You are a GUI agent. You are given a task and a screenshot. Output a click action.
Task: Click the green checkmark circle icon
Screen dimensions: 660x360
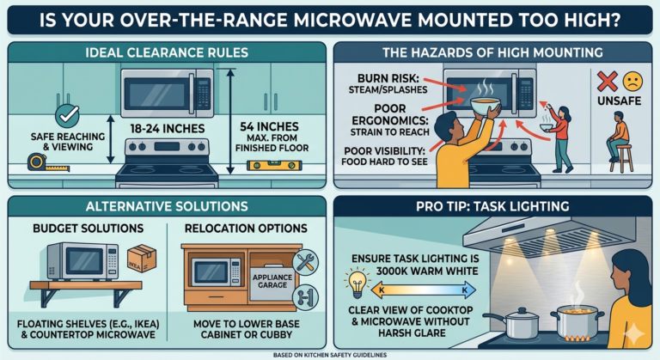click(x=67, y=115)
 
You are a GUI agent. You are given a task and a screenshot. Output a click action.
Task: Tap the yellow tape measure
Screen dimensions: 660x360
click(x=48, y=163)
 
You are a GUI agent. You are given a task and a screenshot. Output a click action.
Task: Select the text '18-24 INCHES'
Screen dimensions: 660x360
click(x=168, y=129)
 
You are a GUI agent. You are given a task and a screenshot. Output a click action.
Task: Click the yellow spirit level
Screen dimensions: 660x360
click(x=274, y=165)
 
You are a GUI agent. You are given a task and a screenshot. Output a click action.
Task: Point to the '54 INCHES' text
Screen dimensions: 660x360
click(x=269, y=126)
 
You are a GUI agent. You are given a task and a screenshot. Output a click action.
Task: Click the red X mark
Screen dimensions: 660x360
click(x=607, y=82)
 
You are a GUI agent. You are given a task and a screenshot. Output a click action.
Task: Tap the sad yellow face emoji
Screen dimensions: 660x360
click(x=632, y=82)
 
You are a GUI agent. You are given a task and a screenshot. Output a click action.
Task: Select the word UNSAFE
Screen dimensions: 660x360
click(x=619, y=101)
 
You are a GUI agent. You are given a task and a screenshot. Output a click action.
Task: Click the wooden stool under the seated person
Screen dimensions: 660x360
click(x=621, y=158)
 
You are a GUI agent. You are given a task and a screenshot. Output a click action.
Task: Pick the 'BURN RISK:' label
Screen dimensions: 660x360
click(x=389, y=79)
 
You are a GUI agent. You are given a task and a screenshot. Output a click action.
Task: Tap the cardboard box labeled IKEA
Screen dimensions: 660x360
click(x=142, y=258)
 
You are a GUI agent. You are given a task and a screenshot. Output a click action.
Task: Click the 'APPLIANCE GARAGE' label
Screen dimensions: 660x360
click(x=272, y=281)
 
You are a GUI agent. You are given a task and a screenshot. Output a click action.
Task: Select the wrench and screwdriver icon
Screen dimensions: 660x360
click(x=305, y=262)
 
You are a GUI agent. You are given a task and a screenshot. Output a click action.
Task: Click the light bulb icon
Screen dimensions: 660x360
click(x=357, y=283)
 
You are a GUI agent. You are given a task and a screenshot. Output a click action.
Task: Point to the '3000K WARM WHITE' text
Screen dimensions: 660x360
click(x=427, y=271)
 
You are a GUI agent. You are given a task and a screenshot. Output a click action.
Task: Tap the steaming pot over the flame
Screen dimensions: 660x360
click(x=577, y=322)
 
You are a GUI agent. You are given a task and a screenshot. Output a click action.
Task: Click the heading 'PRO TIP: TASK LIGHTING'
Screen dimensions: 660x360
click(x=492, y=206)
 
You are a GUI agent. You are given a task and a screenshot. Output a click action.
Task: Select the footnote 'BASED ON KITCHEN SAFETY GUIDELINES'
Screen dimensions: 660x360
click(x=330, y=356)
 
